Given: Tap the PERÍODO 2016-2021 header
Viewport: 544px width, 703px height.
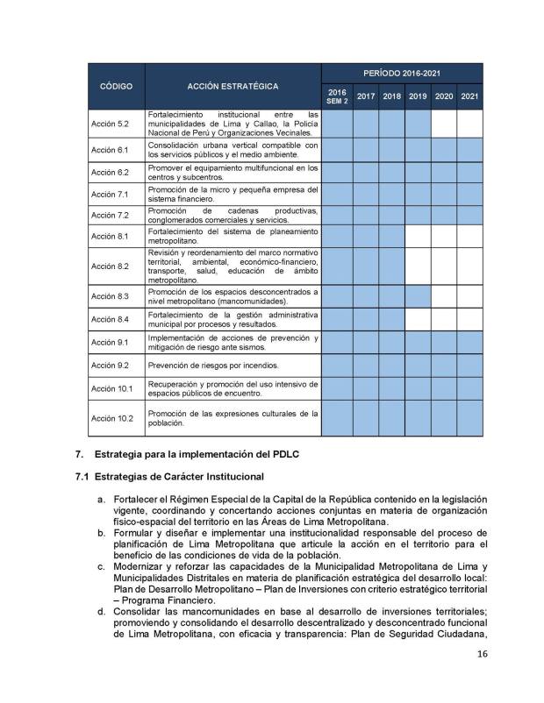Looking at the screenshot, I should click(x=403, y=74).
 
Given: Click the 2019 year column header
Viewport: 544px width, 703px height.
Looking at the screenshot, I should click(x=418, y=96).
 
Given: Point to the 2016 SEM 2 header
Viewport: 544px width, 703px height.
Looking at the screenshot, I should click(x=337, y=96).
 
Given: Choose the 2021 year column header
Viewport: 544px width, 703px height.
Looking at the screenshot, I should click(x=469, y=96).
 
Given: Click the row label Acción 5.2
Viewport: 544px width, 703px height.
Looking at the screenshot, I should click(x=111, y=124).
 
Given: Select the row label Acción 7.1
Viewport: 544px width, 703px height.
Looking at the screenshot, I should click(x=111, y=194).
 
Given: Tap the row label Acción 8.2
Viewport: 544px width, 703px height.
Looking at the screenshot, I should click(x=111, y=266).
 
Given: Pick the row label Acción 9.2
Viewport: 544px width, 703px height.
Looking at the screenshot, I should click(x=111, y=364).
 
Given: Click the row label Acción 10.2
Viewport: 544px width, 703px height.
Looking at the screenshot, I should click(x=112, y=418).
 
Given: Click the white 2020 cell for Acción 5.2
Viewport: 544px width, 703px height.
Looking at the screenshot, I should click(x=444, y=124).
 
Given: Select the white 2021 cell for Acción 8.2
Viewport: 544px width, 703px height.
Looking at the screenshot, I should click(x=469, y=266).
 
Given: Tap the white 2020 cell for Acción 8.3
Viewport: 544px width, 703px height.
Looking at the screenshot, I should click(x=444, y=296).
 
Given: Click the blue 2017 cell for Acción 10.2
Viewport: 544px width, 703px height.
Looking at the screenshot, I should click(x=366, y=418).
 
